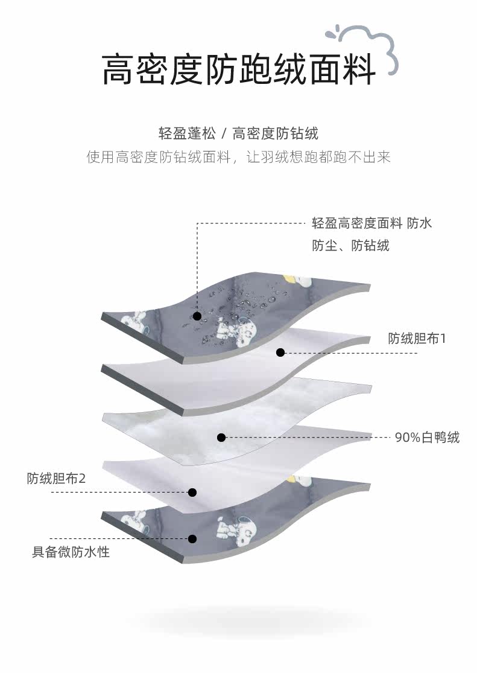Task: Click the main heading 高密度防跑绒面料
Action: [238, 68]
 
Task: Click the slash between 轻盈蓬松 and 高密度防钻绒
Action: [224, 133]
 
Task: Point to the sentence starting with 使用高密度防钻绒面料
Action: [239, 158]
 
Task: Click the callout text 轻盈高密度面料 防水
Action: [371, 223]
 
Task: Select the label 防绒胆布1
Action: [417, 338]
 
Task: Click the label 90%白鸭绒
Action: [427, 437]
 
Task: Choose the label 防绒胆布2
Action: [57, 479]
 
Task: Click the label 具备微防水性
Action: [71, 552]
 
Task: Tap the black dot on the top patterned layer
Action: [197, 316]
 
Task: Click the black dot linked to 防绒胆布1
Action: [280, 352]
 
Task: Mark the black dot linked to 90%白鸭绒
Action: [221, 437]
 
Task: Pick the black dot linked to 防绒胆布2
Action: [192, 493]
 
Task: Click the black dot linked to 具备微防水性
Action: [192, 538]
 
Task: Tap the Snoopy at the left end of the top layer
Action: [139, 321]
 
